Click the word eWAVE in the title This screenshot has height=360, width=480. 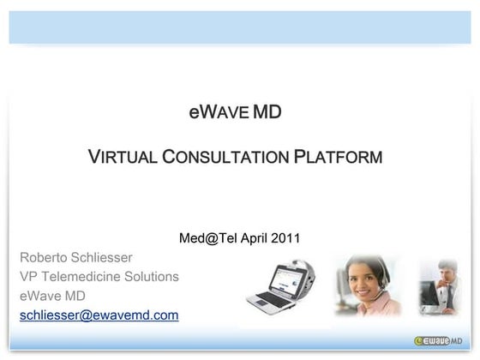click(219, 112)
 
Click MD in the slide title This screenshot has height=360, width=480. click(267, 112)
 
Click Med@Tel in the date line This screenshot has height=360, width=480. click(204, 237)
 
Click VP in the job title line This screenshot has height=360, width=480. click(29, 277)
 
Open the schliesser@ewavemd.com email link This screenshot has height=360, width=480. click(99, 315)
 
